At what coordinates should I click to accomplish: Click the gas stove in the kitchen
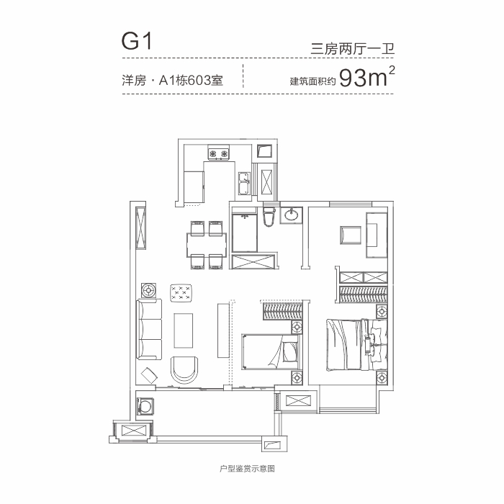[219, 153]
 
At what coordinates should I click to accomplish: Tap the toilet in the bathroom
[269, 216]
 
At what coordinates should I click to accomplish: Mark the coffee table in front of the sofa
[184, 330]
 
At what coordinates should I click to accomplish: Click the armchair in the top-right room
[351, 235]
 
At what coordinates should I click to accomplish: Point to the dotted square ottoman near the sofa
[181, 292]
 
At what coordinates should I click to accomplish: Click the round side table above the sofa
[149, 291]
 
